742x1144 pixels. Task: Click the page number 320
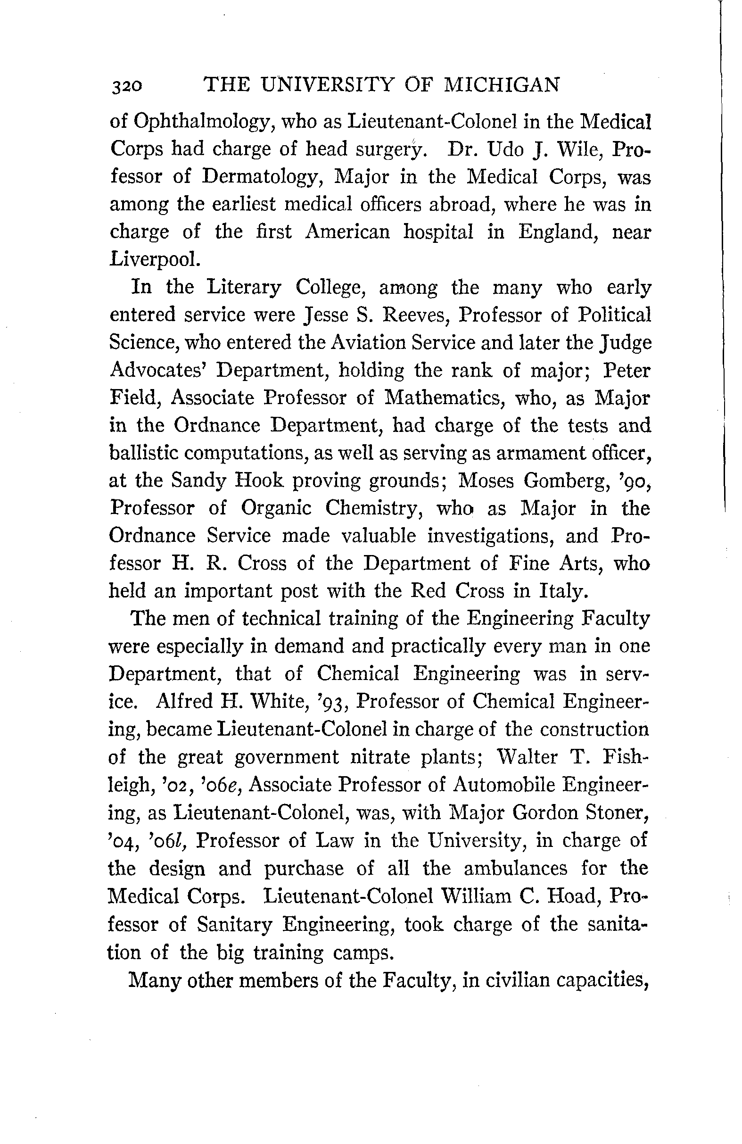pyautogui.click(x=126, y=86)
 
